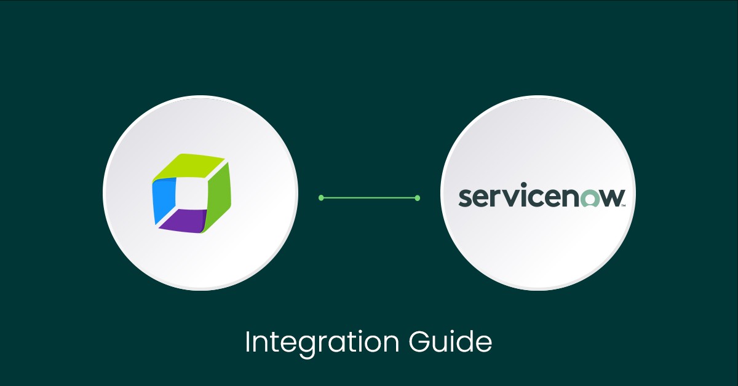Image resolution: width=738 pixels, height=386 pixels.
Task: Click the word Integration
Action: point(315,342)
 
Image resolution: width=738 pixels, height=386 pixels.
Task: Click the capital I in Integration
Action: point(247,342)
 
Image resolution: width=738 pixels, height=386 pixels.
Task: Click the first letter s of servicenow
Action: point(466,199)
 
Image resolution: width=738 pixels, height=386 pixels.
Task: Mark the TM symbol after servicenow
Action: point(624,206)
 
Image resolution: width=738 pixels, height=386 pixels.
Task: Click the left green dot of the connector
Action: point(321,198)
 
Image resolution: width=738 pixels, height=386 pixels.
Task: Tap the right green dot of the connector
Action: point(418,198)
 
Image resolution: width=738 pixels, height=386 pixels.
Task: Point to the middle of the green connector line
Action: point(369,198)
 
